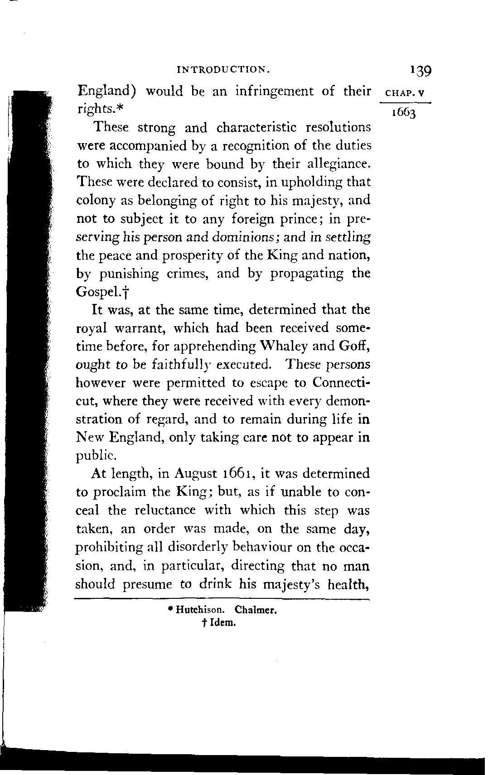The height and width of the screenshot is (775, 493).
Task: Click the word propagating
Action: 308,274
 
